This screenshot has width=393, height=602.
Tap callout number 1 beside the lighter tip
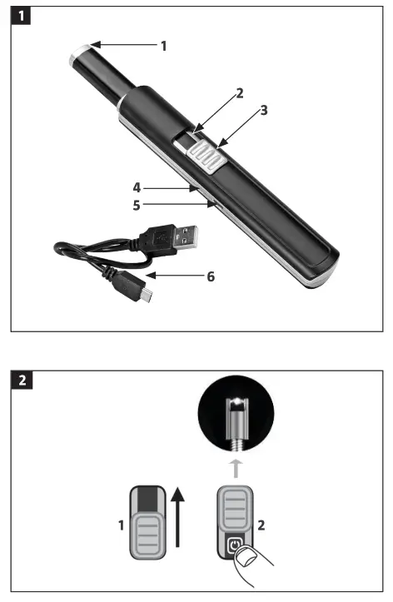click(x=163, y=46)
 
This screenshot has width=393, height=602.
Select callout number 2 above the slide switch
click(x=240, y=93)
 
